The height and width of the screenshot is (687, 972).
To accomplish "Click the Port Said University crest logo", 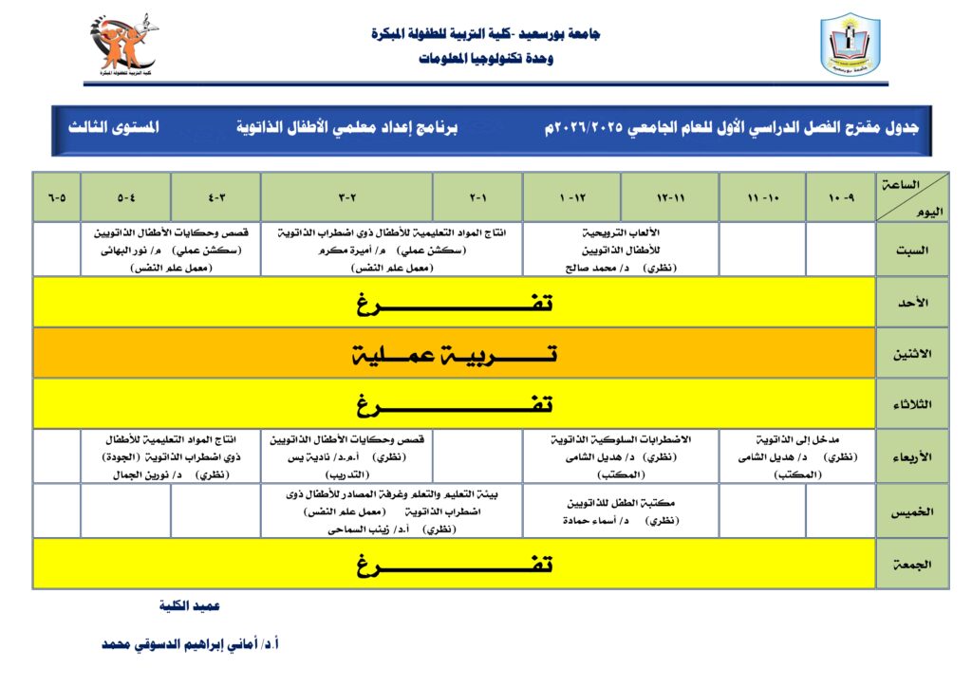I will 850,45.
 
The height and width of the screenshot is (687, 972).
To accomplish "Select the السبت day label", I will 912,251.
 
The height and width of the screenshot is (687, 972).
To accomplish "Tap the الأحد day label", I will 912,302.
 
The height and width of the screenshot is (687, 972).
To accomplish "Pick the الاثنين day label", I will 912,353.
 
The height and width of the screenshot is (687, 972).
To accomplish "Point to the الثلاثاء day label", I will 912,404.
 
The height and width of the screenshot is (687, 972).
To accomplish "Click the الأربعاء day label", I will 912,455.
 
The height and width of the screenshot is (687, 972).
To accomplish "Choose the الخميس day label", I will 912,511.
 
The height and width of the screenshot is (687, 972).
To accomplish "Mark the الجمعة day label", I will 912,564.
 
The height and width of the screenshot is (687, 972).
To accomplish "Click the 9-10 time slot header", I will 840,198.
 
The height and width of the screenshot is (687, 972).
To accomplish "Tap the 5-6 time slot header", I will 57,198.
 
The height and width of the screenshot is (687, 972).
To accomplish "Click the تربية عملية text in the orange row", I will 454,354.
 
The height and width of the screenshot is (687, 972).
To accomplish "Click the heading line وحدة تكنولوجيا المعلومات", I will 485,58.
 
